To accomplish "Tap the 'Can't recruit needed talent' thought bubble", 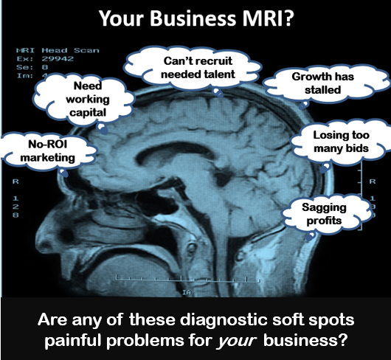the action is click(193, 68).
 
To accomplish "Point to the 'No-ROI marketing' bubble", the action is click(48, 151).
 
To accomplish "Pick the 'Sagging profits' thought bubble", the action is click(326, 214).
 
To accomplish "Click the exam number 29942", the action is click(58, 59).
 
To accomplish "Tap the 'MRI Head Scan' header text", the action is click(58, 50).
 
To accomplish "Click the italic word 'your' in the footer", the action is click(237, 340).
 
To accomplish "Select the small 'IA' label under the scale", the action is click(186, 292).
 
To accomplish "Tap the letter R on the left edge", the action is click(15, 181).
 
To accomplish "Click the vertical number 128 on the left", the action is click(15, 207).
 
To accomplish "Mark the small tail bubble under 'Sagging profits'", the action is click(311, 236).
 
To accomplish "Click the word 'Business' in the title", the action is click(193, 18).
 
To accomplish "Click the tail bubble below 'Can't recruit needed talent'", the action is click(218, 92).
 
